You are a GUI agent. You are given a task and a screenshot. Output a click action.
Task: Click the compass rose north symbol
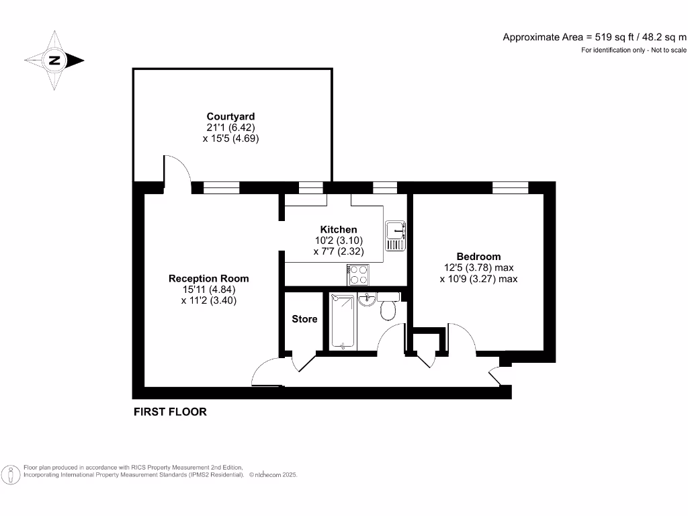(x=54, y=60)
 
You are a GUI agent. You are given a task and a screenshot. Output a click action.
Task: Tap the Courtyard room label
(x=230, y=116)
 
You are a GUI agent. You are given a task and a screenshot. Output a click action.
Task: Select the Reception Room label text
(x=208, y=278)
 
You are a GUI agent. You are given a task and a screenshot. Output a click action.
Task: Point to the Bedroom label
(x=478, y=256)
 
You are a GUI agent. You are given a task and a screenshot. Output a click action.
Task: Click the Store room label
(x=304, y=319)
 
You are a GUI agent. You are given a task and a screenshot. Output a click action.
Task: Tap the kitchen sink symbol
(x=394, y=236)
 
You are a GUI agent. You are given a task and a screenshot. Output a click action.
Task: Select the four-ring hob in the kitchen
(x=357, y=274)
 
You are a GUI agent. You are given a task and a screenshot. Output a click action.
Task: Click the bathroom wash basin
(x=366, y=299)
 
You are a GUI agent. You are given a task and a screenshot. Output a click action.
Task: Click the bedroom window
(x=510, y=187)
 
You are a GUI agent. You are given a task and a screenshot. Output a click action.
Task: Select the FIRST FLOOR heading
(x=170, y=412)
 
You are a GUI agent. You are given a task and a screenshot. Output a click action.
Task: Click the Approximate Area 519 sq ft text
(x=595, y=37)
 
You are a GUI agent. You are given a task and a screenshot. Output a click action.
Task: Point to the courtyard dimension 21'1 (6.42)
(x=230, y=128)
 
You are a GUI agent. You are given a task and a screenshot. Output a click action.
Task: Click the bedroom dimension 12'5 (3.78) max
(x=478, y=267)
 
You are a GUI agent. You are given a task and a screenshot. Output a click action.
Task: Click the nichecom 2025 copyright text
(x=273, y=475)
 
